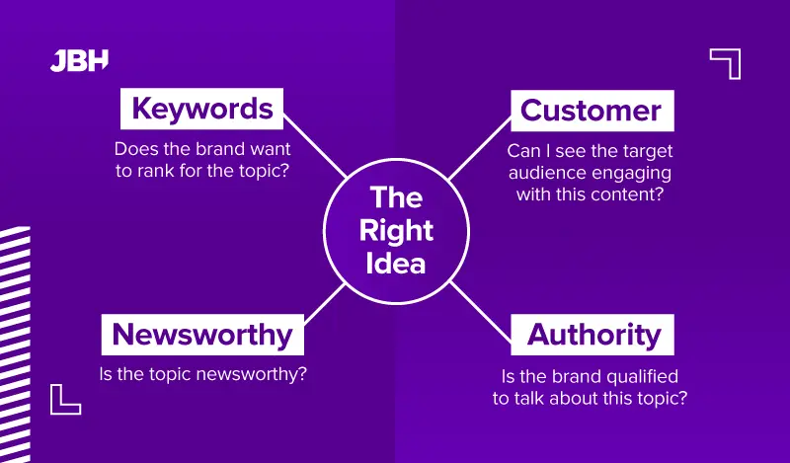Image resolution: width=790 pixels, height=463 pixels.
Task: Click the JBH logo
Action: [x=79, y=60]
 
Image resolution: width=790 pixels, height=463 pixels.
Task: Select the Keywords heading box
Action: [x=202, y=108]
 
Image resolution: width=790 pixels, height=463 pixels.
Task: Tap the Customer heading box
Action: [x=592, y=110]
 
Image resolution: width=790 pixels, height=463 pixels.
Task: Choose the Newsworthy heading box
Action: [x=202, y=335]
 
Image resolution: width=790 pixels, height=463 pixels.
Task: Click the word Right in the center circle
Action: [x=395, y=230]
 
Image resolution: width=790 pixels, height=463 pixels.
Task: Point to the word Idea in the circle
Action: [x=395, y=264]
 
